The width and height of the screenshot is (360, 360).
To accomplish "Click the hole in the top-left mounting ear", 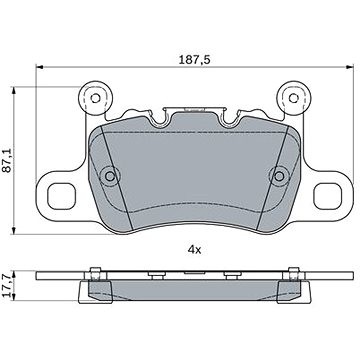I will (96, 98).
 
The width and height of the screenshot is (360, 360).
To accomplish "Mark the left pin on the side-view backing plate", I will (93, 267).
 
